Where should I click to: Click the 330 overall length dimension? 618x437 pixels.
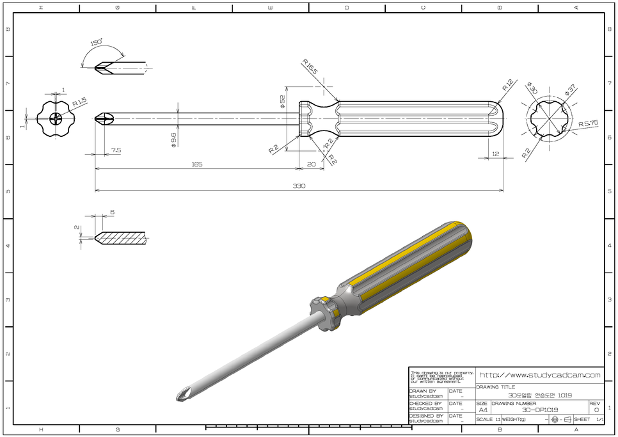click(x=299, y=186)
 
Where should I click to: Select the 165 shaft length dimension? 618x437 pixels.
click(x=196, y=165)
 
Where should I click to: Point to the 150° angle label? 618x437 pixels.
click(x=97, y=43)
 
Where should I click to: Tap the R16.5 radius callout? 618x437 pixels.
click(x=310, y=67)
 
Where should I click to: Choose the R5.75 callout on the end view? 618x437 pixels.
click(x=588, y=123)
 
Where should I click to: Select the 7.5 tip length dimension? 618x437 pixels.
click(x=116, y=150)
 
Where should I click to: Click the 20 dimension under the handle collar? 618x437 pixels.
click(x=312, y=165)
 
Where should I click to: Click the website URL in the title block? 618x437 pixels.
click(x=540, y=375)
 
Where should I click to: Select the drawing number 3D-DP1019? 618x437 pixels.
click(x=539, y=410)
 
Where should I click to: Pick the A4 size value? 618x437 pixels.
click(x=482, y=410)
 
